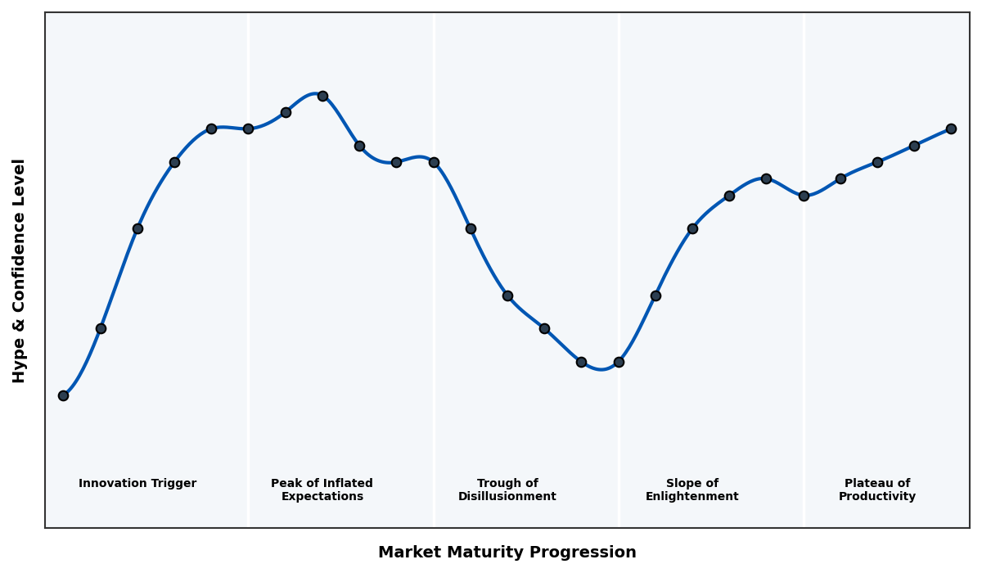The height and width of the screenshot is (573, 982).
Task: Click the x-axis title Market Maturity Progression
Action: (507, 553)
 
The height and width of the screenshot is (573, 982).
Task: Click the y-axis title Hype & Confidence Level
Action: (20, 270)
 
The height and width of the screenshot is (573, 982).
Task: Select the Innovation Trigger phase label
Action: (137, 484)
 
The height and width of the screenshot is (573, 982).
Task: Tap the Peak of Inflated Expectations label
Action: (322, 490)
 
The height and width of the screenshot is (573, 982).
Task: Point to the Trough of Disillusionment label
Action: (507, 490)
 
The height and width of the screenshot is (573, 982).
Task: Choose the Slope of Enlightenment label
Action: (691, 490)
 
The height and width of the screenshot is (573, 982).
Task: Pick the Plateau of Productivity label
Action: (876, 490)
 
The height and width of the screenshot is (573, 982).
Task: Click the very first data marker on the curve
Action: (63, 395)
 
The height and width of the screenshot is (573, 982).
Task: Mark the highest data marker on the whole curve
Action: (322, 96)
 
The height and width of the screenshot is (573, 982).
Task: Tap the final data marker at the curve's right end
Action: (951, 129)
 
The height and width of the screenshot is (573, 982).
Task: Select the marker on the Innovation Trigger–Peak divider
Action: (248, 129)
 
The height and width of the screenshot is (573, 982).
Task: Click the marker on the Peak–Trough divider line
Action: (434, 162)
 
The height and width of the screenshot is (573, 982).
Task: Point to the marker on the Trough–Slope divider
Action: (619, 362)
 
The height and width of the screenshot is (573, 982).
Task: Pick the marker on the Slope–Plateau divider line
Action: (804, 196)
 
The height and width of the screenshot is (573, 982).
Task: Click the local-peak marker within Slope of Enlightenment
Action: (766, 178)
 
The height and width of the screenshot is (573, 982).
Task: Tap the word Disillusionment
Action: (507, 497)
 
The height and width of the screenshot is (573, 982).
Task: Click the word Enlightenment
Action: (691, 497)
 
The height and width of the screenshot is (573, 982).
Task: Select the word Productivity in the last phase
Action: (876, 497)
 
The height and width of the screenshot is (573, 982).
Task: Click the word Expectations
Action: (322, 497)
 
